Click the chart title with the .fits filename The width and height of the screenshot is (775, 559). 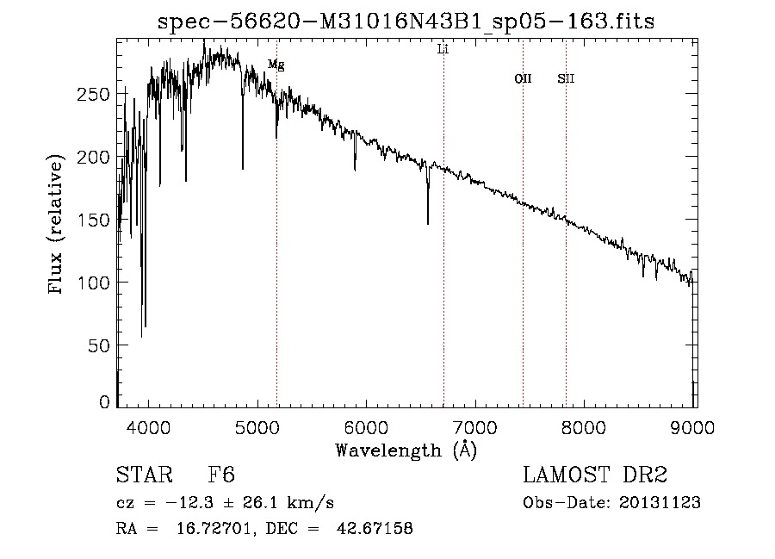406,22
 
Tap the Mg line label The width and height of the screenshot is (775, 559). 276,65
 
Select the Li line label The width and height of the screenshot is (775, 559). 443,50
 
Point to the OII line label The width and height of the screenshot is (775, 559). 523,79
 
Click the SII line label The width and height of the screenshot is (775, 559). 566,79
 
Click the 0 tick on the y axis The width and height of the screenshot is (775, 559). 105,402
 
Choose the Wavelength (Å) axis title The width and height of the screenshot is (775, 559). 406,450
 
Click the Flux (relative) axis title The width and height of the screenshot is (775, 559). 57,226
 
